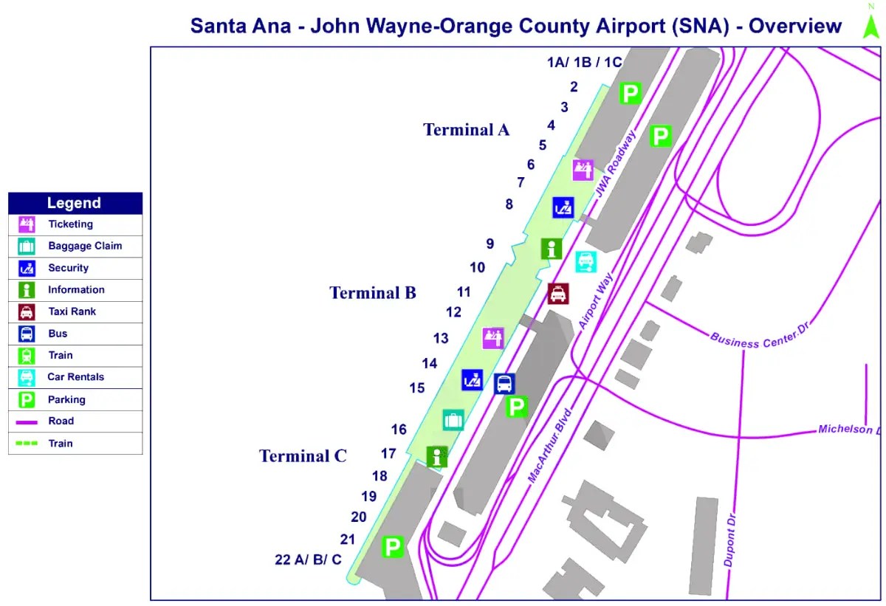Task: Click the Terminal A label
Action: [x=466, y=130]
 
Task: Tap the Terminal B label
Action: [x=373, y=293]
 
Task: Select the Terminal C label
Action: [x=303, y=456]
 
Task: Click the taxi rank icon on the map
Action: [x=558, y=294]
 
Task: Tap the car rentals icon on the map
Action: [x=586, y=261]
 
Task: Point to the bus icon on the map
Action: [x=505, y=384]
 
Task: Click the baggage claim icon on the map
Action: [x=453, y=421]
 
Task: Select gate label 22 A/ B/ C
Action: [x=308, y=559]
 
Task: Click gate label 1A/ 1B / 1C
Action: [x=584, y=62]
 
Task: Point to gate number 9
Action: [x=490, y=244]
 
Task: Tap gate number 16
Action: [x=399, y=430]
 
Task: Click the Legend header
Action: [x=74, y=203]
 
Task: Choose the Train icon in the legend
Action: [x=27, y=356]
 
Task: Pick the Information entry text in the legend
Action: [x=76, y=290]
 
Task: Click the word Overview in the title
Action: [x=795, y=26]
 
